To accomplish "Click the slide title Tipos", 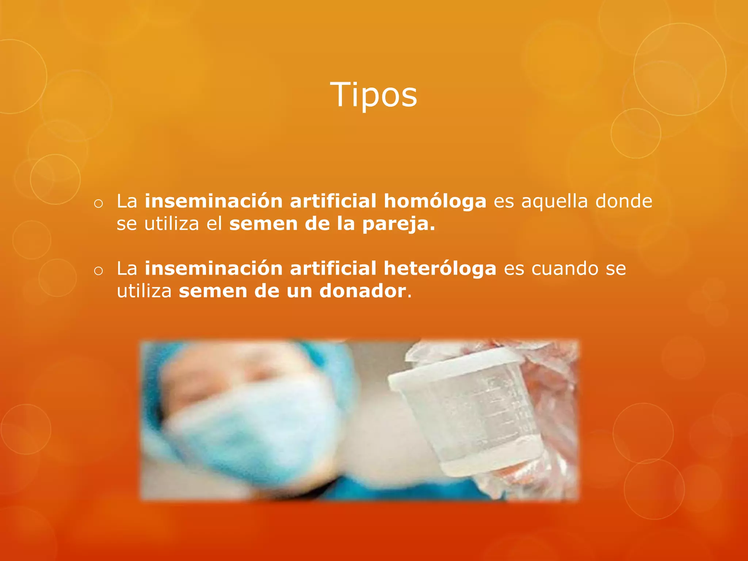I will [x=373, y=95].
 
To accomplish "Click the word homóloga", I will [x=435, y=202].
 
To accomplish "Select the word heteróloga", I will [x=440, y=269].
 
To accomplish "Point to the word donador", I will [x=362, y=291].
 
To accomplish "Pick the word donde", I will [x=623, y=201].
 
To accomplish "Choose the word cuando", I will [x=565, y=269].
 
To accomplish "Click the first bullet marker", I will [x=98, y=204].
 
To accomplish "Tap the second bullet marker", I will [x=98, y=271].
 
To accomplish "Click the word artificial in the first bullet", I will [x=333, y=201].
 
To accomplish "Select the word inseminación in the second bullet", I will [x=214, y=268].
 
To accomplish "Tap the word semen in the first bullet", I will [x=263, y=224].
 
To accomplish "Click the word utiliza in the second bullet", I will [x=144, y=291].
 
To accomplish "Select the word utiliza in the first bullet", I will [x=171, y=224].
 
